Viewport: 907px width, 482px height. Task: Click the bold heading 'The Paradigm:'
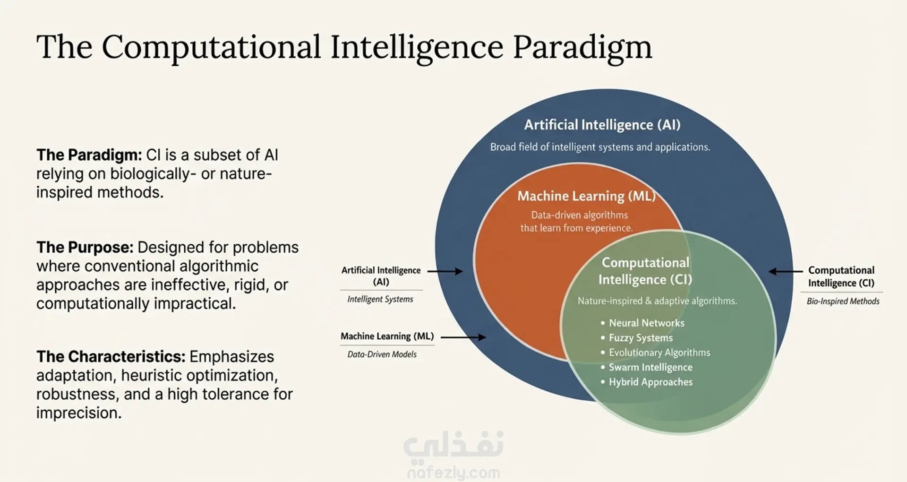pos(89,155)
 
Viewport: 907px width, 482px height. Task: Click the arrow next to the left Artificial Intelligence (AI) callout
pos(445,271)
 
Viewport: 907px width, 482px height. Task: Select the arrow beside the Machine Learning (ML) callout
pos(463,337)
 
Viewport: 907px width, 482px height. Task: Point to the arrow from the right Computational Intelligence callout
pos(786,271)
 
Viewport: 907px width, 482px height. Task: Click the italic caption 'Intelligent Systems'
pos(380,299)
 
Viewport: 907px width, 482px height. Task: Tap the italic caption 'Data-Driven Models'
pos(382,354)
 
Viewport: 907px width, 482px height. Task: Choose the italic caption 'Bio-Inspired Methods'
pos(843,301)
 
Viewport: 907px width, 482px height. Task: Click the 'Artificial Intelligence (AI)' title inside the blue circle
pos(602,125)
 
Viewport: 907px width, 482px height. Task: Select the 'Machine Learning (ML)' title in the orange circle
pos(587,196)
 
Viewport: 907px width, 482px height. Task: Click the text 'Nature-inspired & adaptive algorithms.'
pos(657,301)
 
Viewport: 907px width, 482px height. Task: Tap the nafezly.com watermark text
pos(453,473)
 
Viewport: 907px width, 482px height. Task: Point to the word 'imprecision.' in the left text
pos(79,413)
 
